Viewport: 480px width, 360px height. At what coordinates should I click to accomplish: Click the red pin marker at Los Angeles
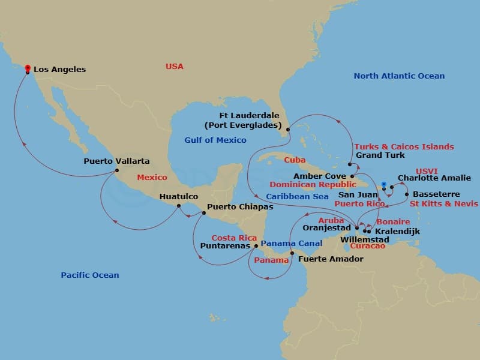[x=27, y=68]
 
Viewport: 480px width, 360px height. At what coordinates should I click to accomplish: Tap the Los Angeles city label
[x=59, y=70]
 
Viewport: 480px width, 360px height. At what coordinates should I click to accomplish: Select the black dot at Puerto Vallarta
[x=116, y=170]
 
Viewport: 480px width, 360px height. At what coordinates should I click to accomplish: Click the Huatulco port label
[x=178, y=196]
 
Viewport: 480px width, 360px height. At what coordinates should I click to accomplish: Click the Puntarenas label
[x=224, y=245]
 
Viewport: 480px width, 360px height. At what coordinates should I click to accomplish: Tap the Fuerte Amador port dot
[x=292, y=253]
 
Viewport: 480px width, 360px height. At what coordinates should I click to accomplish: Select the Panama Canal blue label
[x=292, y=243]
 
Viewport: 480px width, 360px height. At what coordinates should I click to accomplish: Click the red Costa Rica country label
[x=231, y=238]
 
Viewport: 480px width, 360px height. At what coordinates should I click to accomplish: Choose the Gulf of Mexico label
[x=215, y=140]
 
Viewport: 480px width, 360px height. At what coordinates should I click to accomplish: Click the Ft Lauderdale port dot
[x=288, y=129]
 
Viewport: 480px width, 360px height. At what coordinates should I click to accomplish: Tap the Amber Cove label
[x=319, y=176]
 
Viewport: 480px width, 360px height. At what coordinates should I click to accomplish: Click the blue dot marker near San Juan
[x=383, y=183]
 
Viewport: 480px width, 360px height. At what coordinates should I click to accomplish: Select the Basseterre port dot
[x=407, y=194]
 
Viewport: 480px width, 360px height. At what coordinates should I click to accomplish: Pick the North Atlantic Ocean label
[x=399, y=76]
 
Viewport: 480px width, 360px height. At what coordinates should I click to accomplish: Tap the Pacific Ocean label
[x=90, y=275]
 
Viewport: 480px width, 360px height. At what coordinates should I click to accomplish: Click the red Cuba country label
[x=295, y=160]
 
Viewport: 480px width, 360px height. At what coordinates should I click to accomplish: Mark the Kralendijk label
[x=397, y=231]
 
